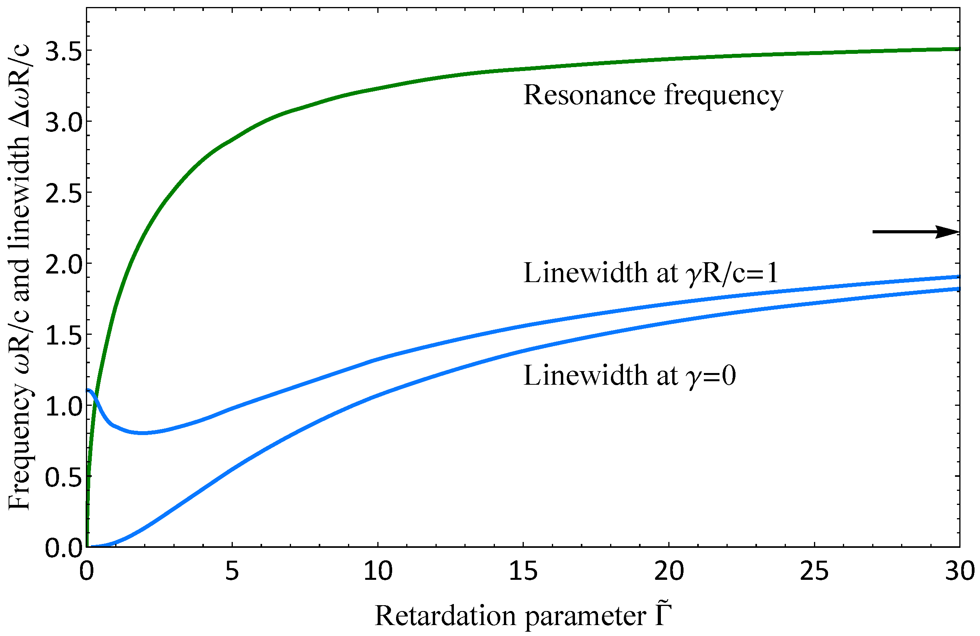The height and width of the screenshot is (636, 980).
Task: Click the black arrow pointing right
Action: coord(916,232)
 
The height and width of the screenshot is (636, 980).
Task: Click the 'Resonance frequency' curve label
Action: coord(653,96)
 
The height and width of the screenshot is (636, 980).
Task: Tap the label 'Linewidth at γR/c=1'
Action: coord(651,273)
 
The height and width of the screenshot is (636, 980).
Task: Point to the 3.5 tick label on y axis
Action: coord(63,52)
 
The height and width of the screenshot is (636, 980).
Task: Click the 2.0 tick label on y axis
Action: coord(63,265)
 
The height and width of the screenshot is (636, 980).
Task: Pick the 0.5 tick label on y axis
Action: coord(63,477)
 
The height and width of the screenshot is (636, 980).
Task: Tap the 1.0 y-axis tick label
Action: coord(63,407)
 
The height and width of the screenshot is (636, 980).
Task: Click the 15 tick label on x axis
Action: coord(523,571)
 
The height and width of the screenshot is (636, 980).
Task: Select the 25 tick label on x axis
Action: coord(814,571)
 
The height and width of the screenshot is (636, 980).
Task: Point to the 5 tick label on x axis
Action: coord(232,571)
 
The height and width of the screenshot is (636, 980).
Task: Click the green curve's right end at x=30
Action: coord(959,49)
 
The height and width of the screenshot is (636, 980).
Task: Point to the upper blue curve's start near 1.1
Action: coord(89,390)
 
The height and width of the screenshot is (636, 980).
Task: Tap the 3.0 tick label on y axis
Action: coord(63,123)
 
